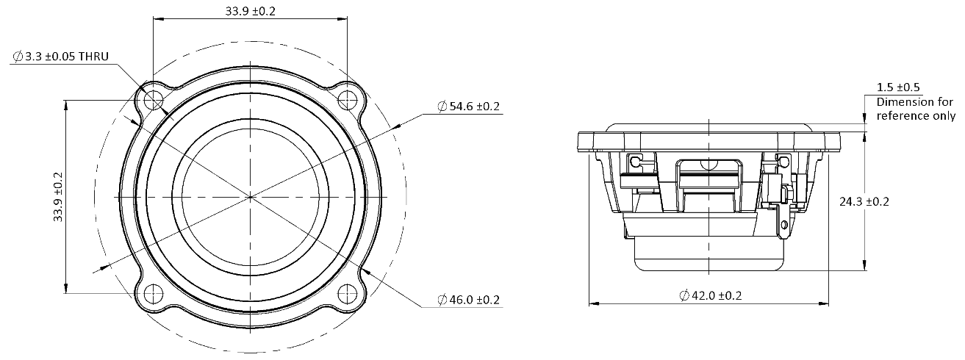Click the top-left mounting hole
153,99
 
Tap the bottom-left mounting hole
153,293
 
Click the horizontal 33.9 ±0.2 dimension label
250,11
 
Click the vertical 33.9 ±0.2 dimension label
57,197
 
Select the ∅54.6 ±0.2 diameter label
468,107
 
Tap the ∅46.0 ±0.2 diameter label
468,300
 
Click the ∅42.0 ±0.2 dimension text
710,295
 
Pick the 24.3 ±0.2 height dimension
864,201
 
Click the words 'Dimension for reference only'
916,109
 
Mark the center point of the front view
250,197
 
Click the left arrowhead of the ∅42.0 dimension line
592,302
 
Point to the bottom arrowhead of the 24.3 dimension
864,267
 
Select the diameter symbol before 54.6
442,107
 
